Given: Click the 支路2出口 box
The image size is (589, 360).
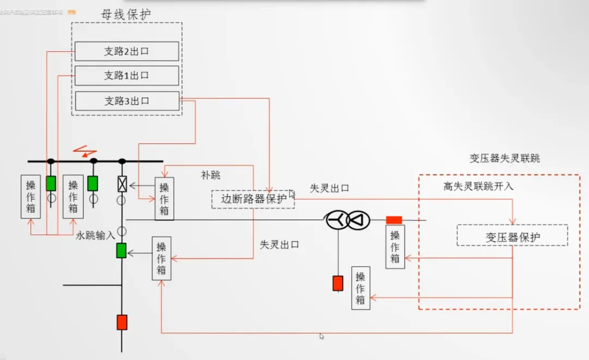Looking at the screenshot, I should click(x=127, y=51).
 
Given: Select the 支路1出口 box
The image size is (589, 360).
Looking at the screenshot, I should click(x=127, y=76).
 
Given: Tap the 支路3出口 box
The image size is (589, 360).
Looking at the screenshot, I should click(x=127, y=101).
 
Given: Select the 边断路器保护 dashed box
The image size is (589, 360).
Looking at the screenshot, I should click(x=253, y=199).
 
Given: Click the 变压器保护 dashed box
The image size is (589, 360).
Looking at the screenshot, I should click(x=512, y=235).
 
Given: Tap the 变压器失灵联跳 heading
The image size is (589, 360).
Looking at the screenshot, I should click(x=504, y=159).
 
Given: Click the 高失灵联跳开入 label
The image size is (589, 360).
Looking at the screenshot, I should click(x=478, y=187).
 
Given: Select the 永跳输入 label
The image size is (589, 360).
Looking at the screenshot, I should click(x=95, y=236).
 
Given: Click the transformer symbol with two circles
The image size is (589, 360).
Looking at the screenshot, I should click(x=348, y=220).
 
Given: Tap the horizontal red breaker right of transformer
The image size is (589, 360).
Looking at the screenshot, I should click(x=394, y=220).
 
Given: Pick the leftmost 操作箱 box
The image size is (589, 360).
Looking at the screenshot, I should click(x=31, y=196).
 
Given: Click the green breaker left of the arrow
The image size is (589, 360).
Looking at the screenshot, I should click(x=121, y=250).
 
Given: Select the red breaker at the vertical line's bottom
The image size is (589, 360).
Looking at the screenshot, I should click(x=122, y=322).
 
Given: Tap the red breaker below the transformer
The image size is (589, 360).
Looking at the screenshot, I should click(x=338, y=283).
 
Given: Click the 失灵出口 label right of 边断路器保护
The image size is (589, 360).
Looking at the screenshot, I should click(x=329, y=188).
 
